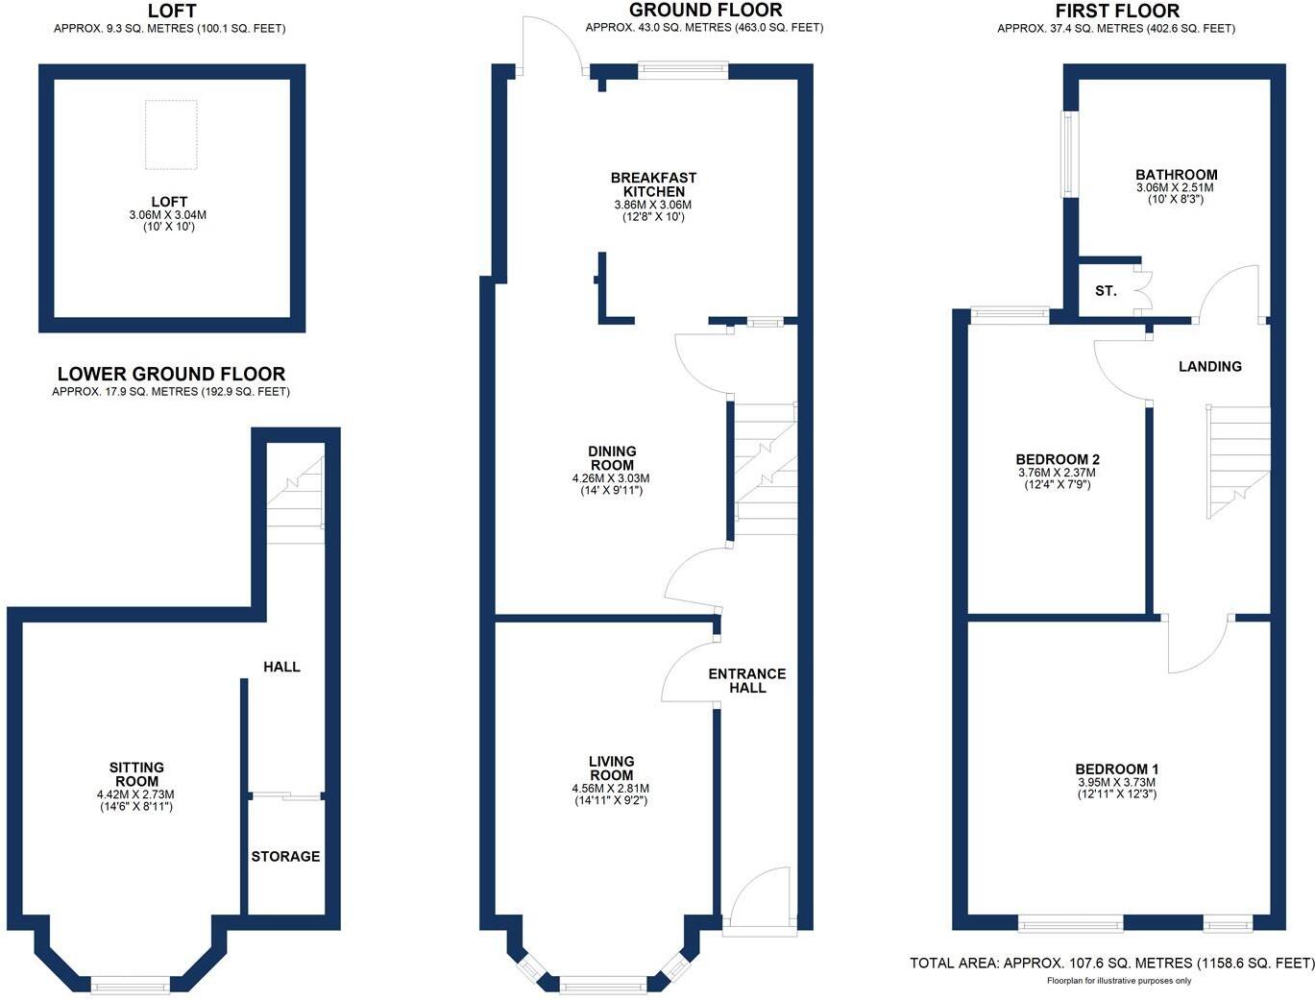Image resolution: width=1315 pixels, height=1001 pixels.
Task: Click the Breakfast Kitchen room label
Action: coord(653,184)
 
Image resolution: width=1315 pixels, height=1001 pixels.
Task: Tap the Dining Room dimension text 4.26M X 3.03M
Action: coord(611,478)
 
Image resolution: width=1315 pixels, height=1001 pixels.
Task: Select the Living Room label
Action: coord(612,769)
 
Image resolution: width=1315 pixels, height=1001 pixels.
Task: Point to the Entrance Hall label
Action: coord(747,680)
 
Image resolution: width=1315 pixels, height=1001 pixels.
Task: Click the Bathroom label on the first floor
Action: coord(1176,175)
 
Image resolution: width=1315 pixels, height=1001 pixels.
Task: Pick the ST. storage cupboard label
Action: coord(1106,290)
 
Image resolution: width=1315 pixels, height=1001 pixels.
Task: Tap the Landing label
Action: coord(1210,366)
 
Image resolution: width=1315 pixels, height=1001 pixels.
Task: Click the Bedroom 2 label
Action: coord(1058,459)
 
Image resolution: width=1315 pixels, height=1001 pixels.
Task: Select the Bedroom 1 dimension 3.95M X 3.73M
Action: coord(1116,782)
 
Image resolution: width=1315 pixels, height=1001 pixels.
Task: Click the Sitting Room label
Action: coord(136,774)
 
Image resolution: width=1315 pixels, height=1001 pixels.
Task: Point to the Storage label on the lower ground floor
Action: coord(285,856)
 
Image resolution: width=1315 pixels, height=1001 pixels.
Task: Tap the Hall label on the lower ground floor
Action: coord(281,667)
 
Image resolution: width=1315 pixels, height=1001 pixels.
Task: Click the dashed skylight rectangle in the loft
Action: coord(171,134)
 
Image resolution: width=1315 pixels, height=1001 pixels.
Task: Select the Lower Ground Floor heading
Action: coord(171,374)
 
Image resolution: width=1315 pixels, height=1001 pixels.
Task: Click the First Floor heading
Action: coord(1117,12)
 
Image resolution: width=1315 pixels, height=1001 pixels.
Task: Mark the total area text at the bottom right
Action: coord(1111,963)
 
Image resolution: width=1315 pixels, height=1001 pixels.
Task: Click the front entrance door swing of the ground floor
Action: coord(759,898)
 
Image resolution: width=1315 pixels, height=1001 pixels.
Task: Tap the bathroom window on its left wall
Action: coord(1066,155)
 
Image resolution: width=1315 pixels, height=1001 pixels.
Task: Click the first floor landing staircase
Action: coord(1238,461)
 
